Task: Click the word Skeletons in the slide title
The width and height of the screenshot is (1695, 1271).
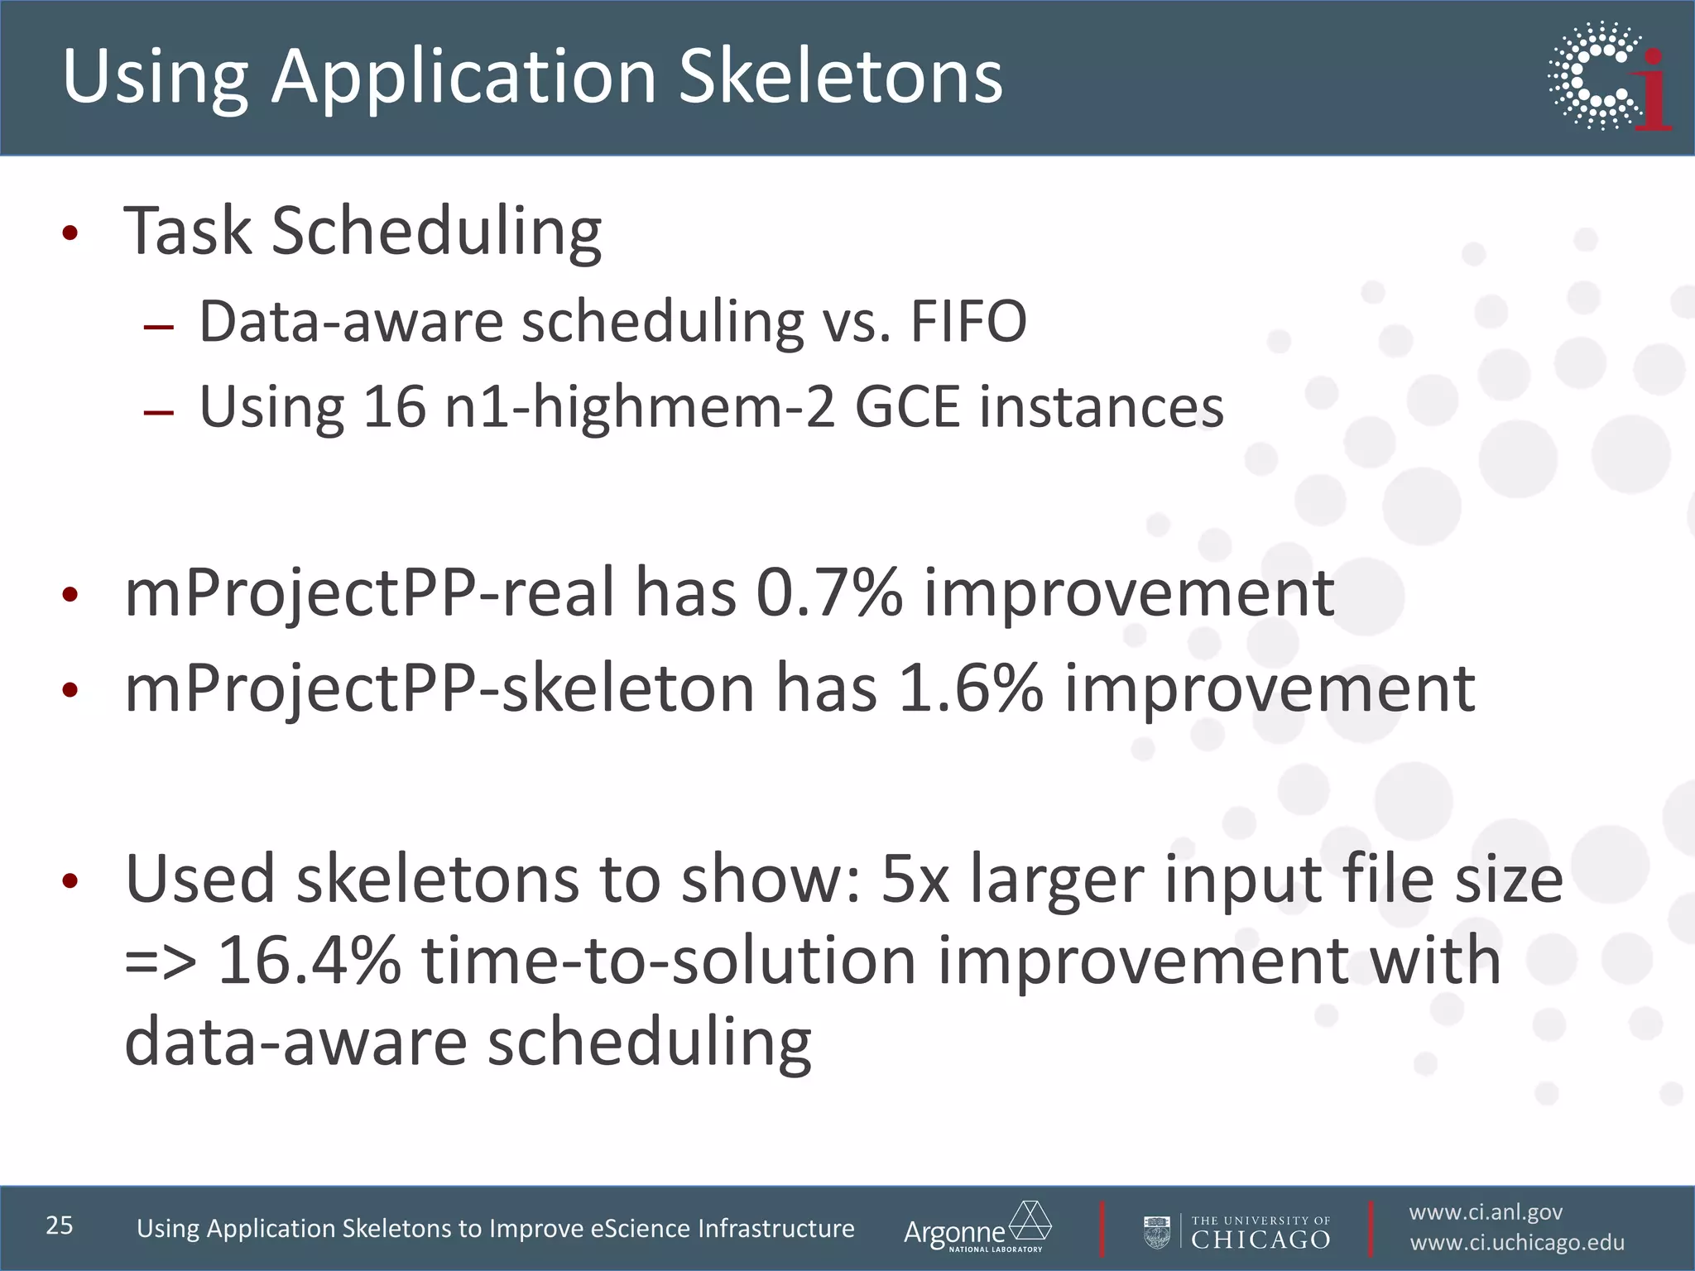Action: [840, 76]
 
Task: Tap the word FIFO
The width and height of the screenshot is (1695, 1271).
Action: [968, 322]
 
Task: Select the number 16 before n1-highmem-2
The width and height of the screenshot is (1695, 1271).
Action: [394, 407]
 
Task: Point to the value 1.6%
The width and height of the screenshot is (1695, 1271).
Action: [970, 688]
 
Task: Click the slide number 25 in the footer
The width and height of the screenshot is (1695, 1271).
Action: [60, 1225]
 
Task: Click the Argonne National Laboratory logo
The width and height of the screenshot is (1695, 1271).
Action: [977, 1228]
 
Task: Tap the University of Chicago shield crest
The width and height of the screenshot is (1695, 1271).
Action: [1156, 1231]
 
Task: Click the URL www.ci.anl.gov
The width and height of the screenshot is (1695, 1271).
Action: [1486, 1212]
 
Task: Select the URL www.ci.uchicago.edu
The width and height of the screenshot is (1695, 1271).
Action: [1517, 1243]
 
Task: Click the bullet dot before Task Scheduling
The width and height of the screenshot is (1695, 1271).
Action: [70, 233]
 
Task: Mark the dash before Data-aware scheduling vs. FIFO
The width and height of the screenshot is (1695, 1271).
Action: [158, 326]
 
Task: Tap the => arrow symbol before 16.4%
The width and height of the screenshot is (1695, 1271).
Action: [161, 962]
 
